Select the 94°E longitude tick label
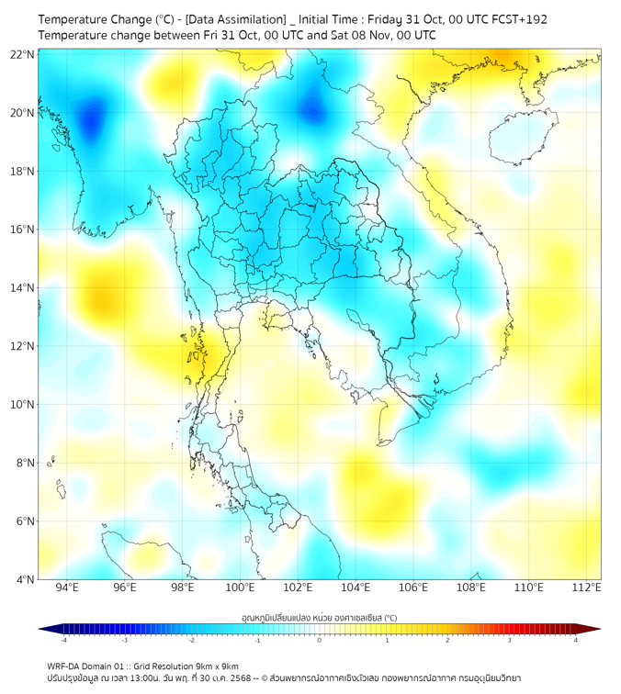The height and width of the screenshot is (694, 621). tap(67, 588)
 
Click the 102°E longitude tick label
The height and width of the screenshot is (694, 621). tap(298, 588)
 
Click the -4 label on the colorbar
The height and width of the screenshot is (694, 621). tap(63, 641)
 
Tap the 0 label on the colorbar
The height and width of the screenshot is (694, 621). tap(320, 641)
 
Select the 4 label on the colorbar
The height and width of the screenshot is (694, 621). tap(576, 641)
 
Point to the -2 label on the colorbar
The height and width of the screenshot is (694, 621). tap(191, 641)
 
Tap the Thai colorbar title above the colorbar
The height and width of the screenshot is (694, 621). tap(319, 617)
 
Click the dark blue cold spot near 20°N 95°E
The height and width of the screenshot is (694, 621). tap(91, 119)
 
